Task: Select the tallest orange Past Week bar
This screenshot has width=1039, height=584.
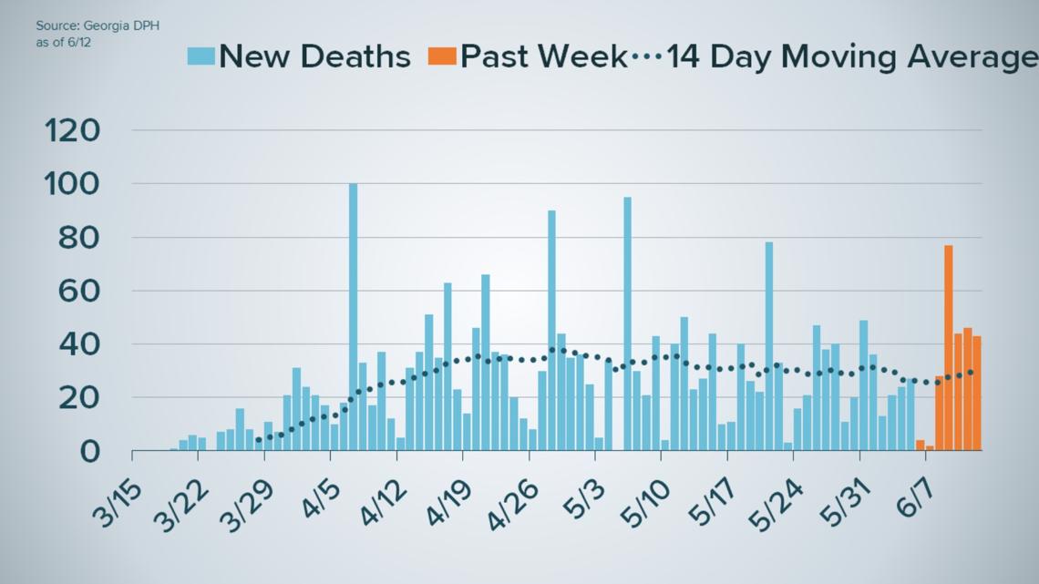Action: pos(949,347)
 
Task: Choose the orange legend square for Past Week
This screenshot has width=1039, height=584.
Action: pos(440,56)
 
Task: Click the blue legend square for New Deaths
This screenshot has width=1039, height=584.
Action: pos(201,56)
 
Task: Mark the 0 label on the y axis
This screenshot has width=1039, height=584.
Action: pos(89,452)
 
